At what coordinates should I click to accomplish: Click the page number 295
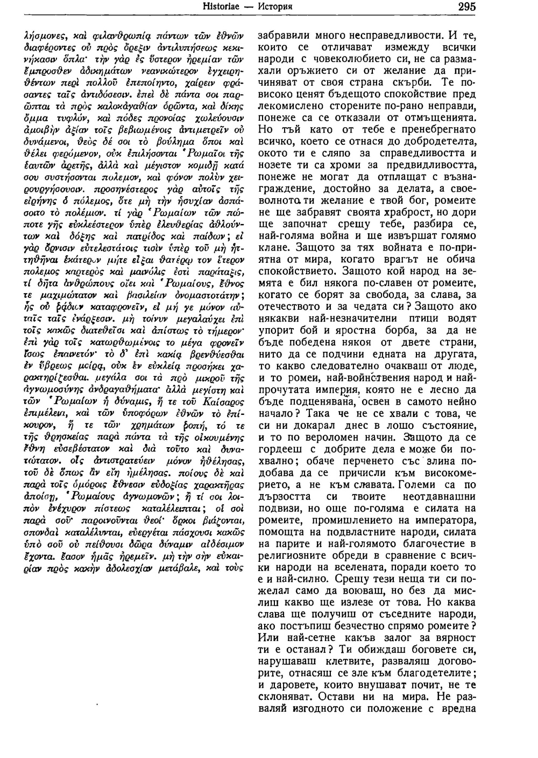coord(466,8)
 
